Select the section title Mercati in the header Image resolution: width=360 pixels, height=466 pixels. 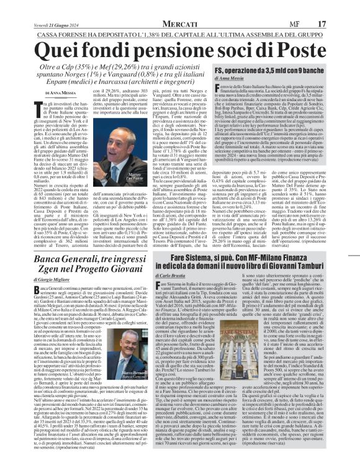point(180,7)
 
